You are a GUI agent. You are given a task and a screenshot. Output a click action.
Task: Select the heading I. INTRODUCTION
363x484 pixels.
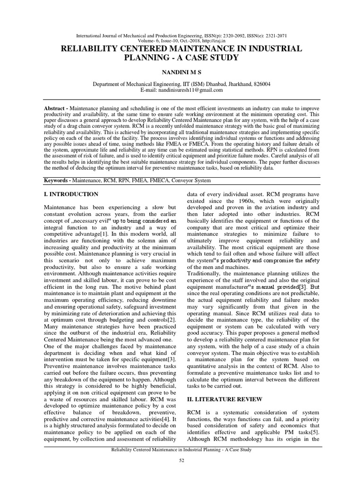pyautogui.click(x=71, y=194)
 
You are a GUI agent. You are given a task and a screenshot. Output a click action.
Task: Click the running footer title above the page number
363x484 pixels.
pyautogui.click(x=181, y=449)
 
